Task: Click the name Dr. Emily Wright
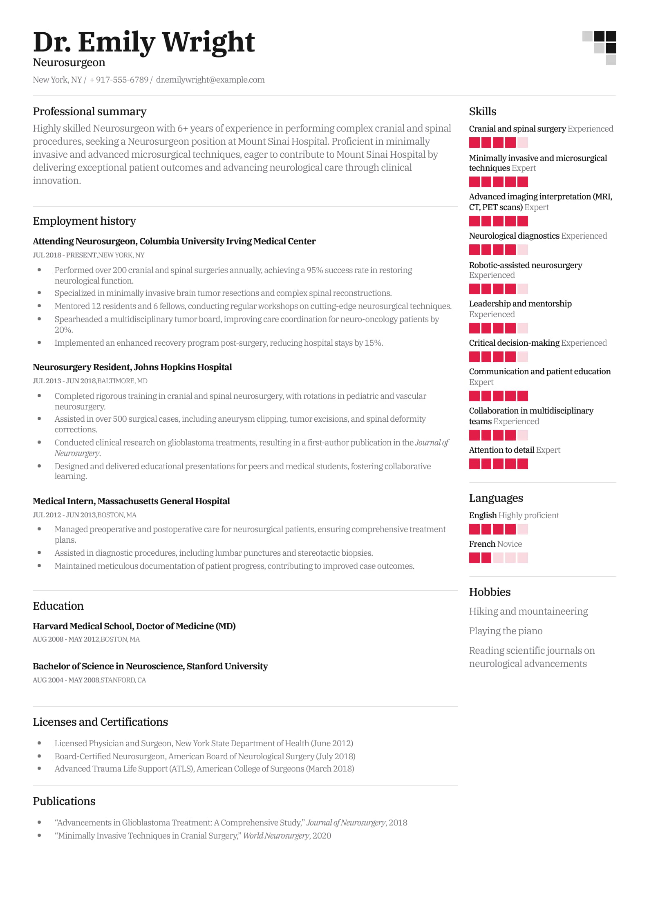coord(144,42)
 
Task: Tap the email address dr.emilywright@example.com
coord(210,80)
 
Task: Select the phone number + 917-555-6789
coord(119,80)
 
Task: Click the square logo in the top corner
coord(599,48)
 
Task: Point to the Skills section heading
coord(482,112)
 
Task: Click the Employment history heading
coord(84,221)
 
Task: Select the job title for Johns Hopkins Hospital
coord(132,367)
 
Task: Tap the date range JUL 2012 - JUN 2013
coord(64,515)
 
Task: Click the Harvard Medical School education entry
coord(134,626)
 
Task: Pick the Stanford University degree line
coord(150,666)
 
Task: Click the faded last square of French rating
coord(522,558)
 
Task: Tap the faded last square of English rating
coord(522,529)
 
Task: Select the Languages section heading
coord(496,498)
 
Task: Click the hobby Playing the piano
coord(506,631)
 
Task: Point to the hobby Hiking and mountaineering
coord(528,611)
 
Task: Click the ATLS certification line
coord(204,769)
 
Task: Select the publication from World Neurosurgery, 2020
coord(192,836)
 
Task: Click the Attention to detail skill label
coord(501,450)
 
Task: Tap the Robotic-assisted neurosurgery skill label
coord(525,265)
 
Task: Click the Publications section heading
coord(64,801)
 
